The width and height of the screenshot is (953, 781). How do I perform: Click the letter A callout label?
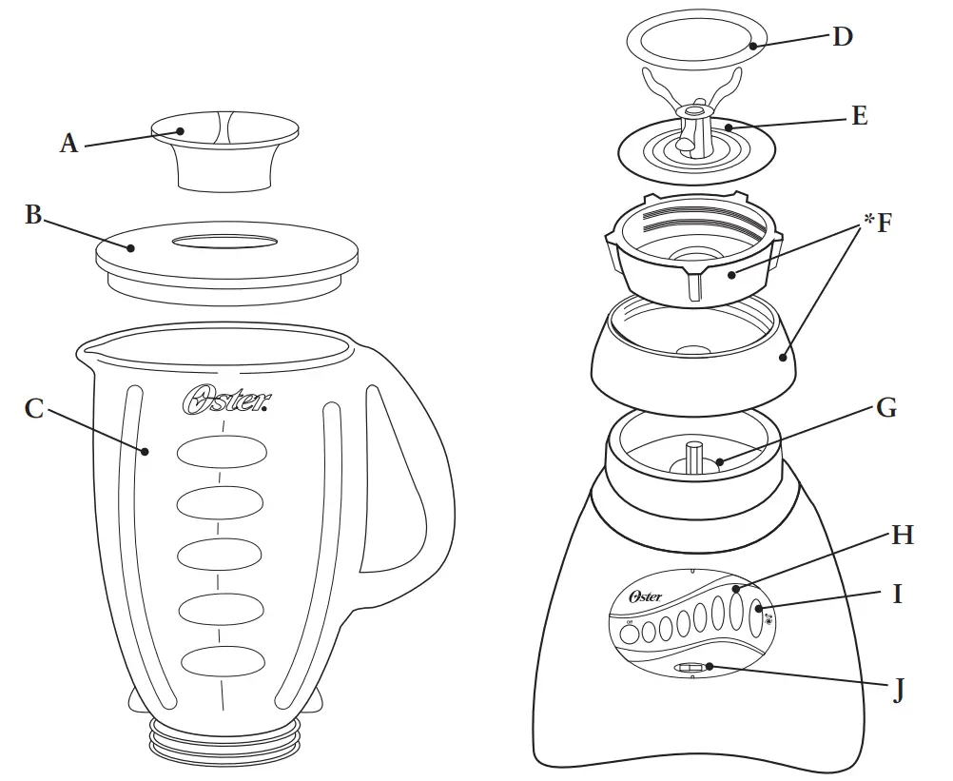click(68, 144)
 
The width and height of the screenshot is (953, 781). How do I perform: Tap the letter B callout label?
click(33, 215)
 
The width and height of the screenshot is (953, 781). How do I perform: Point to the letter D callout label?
click(842, 37)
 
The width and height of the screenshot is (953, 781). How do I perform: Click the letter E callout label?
click(859, 116)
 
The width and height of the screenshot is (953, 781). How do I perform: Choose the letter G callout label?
click(885, 408)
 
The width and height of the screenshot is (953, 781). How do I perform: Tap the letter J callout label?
click(898, 690)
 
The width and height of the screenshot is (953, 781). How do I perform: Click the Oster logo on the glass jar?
click(226, 401)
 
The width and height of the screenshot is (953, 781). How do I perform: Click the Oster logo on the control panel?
click(646, 596)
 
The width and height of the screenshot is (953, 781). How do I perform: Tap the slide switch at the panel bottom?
click(692, 669)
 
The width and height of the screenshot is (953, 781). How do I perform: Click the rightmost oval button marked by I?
click(757, 619)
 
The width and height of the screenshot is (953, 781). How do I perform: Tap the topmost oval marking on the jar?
click(224, 453)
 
